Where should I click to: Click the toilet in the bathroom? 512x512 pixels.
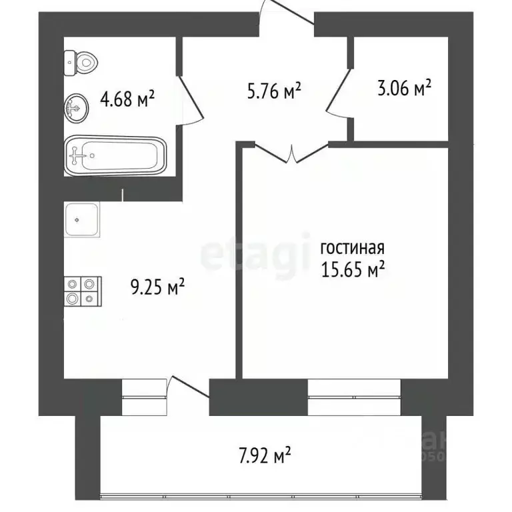point(81,64)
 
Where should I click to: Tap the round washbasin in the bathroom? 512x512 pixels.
point(77,107)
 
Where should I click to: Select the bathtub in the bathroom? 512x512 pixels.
point(115,156)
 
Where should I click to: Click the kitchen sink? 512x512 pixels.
point(83,220)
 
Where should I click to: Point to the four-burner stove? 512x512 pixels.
point(82,291)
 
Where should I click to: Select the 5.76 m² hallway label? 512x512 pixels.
point(274,91)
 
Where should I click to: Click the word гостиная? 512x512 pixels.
point(352,249)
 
